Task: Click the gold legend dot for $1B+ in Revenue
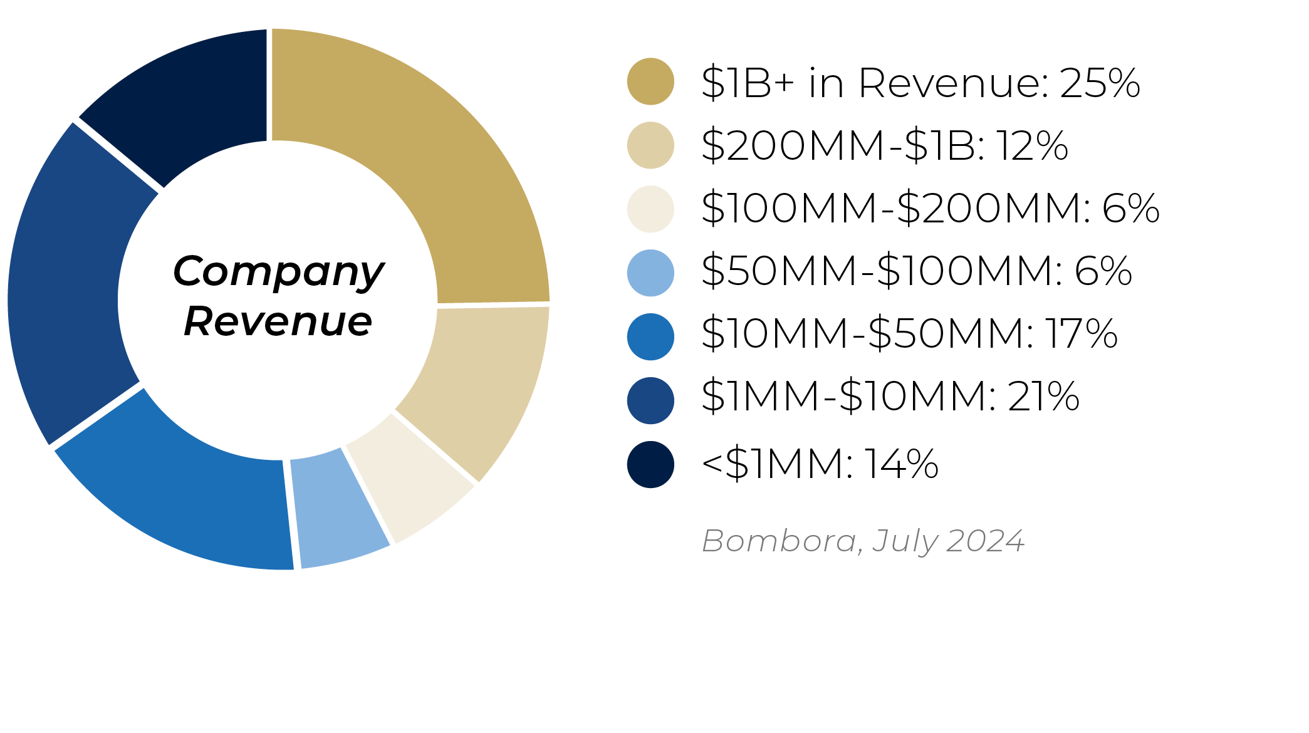point(650,81)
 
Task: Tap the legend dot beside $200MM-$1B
point(650,145)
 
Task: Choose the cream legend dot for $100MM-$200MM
point(650,209)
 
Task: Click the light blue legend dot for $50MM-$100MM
point(650,273)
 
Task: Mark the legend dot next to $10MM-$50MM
point(650,337)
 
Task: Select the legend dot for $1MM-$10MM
point(650,401)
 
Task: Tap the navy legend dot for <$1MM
point(650,465)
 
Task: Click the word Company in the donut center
point(278,273)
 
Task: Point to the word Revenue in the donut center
point(278,321)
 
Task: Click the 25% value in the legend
point(1100,83)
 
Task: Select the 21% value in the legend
point(1043,396)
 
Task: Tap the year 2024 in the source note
point(985,541)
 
